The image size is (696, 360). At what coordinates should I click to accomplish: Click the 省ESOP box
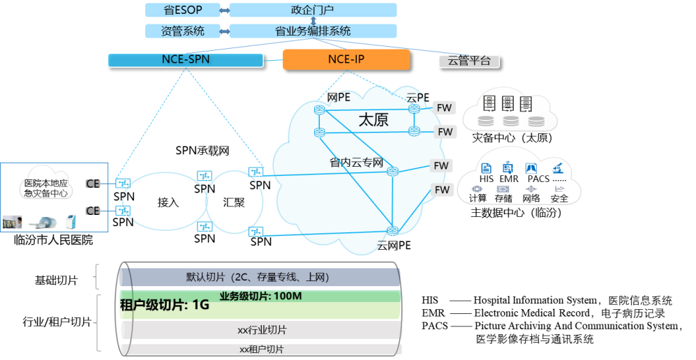point(182,10)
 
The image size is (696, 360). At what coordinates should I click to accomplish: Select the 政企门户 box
point(313,10)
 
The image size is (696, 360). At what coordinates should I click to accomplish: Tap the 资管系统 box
point(182,31)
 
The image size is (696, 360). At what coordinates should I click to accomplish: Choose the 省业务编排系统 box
point(313,31)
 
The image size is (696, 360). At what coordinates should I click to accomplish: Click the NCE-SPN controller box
point(185,60)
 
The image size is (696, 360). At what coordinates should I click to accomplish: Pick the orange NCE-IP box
point(346,59)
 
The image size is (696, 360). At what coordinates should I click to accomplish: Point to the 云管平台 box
point(469,61)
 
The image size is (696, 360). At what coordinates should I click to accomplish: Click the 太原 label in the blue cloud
point(373,119)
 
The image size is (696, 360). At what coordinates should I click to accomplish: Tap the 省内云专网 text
point(356,163)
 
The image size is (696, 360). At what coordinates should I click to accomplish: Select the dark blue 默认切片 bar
point(258,277)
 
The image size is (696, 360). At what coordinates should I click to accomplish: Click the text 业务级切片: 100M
point(260,296)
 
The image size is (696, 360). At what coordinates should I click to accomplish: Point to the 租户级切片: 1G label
point(165,305)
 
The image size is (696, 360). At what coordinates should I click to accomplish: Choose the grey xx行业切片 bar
point(262,329)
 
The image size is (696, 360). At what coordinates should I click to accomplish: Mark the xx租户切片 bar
point(262,349)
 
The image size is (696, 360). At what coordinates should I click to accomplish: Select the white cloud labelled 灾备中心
point(46,183)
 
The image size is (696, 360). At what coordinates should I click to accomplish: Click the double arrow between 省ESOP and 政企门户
point(224,10)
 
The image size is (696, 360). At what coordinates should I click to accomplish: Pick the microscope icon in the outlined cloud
point(556,167)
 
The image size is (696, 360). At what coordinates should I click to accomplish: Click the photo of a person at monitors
point(13,222)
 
